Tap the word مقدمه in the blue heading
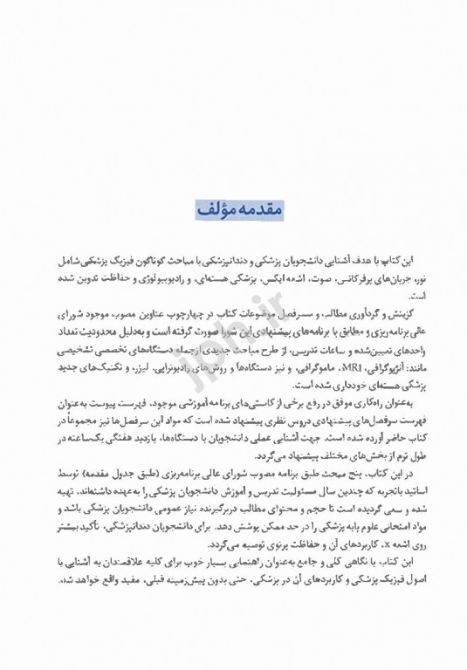pos(255,211)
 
